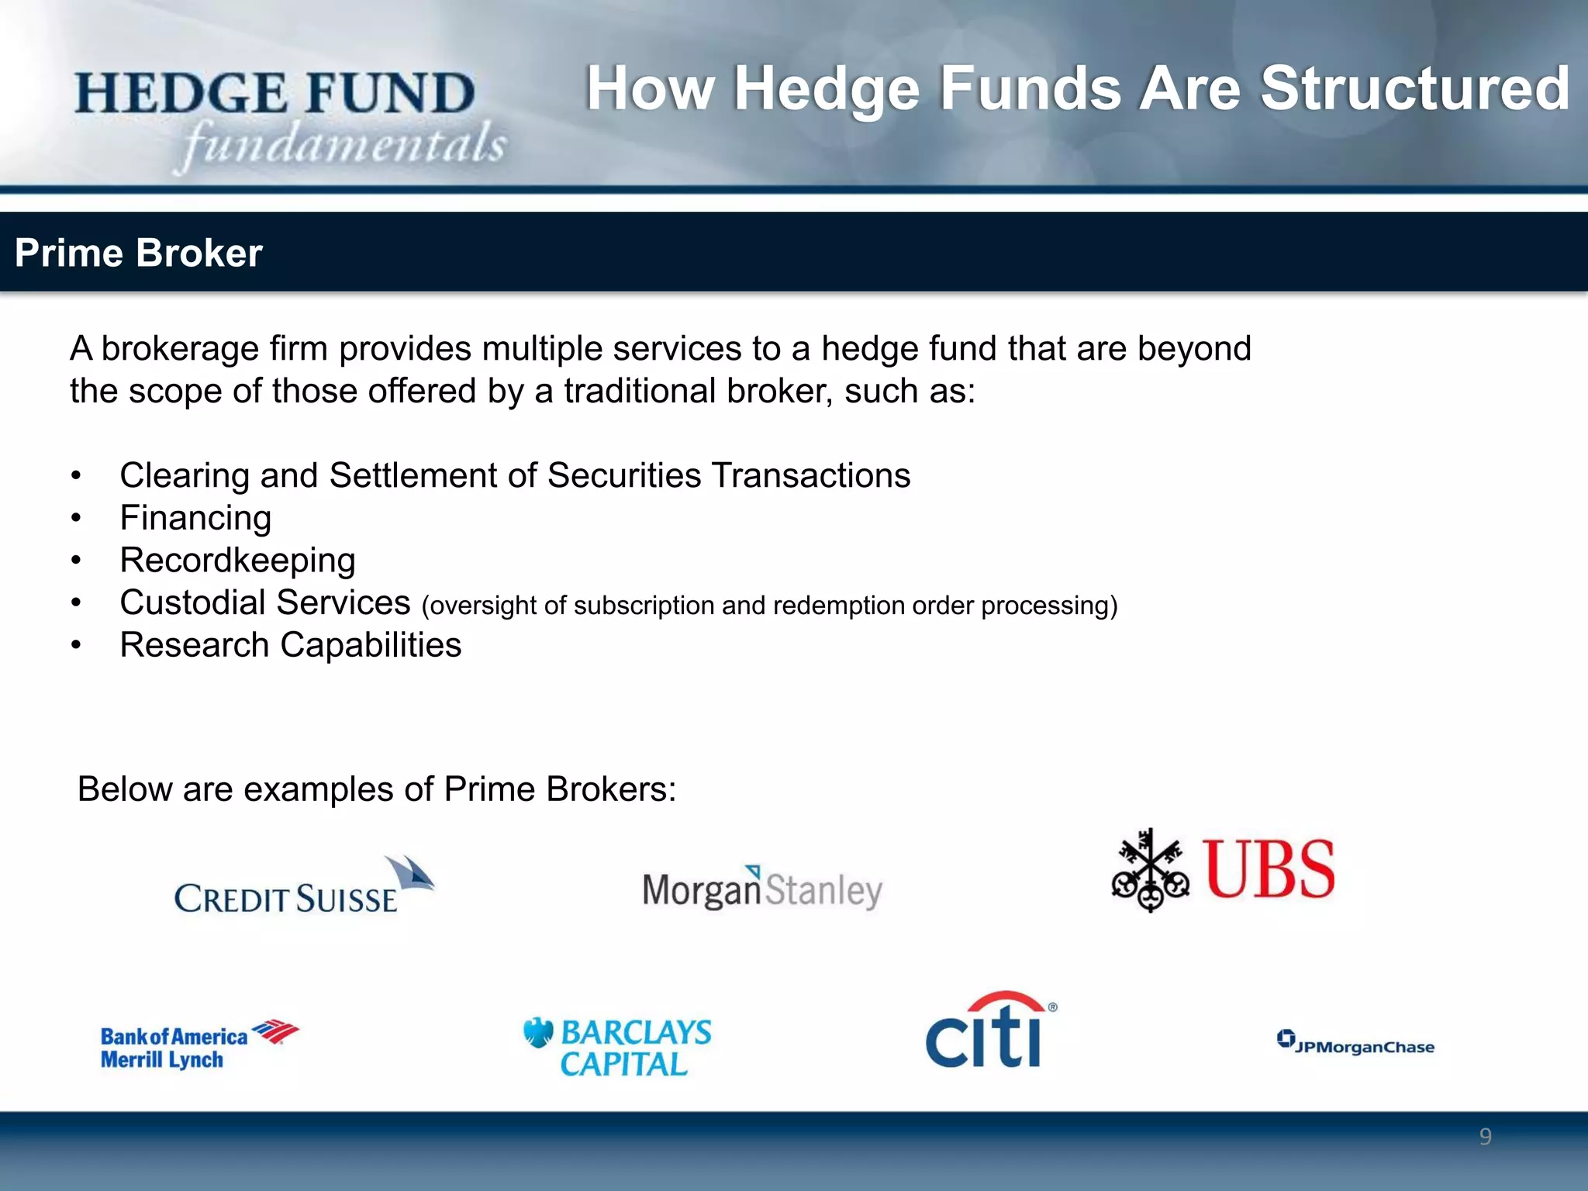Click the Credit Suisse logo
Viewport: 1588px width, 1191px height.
[302, 889]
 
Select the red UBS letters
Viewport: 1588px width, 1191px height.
[1269, 870]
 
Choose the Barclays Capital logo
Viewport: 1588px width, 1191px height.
[618, 1047]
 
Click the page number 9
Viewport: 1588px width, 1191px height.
[1485, 1137]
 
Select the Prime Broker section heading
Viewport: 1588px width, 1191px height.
[138, 253]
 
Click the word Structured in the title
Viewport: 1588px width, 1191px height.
[1414, 88]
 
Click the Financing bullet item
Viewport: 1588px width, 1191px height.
[195, 518]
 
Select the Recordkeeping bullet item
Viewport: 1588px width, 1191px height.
[237, 560]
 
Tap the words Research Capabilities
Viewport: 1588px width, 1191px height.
[290, 645]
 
